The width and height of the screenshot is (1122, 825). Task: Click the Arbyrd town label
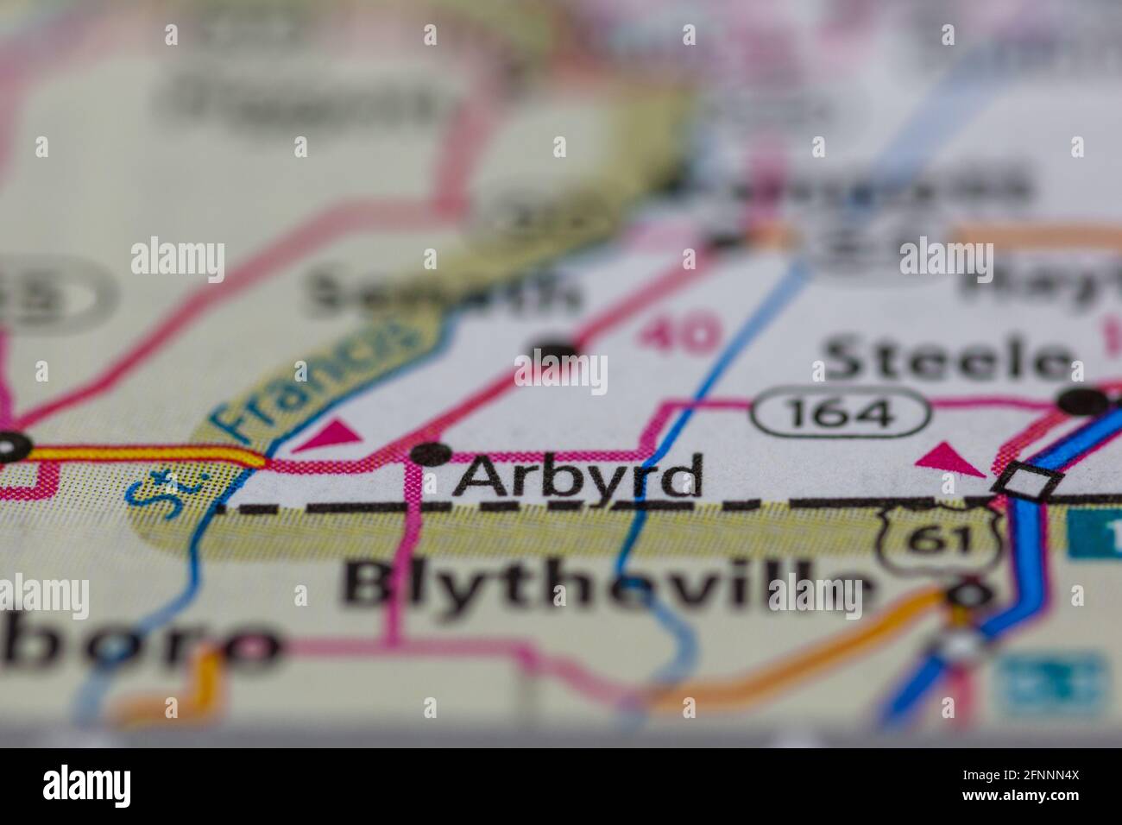tap(577, 477)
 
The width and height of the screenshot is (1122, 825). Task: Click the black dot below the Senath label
tap(559, 349)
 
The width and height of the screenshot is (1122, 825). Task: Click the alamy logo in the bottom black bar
tap(86, 786)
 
